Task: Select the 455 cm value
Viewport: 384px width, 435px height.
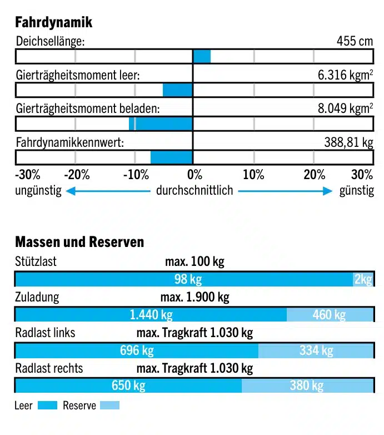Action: (355, 41)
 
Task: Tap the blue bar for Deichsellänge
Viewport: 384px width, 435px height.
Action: (202, 56)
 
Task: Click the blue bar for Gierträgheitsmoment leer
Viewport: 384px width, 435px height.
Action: (177, 90)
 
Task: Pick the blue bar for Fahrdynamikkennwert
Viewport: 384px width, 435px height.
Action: (171, 157)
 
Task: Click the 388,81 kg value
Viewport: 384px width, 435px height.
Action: (348, 142)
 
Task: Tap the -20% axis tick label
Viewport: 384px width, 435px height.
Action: (77, 175)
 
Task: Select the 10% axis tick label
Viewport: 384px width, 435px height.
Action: (253, 175)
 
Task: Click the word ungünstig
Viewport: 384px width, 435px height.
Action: (38, 191)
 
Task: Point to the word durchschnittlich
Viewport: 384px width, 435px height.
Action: (195, 191)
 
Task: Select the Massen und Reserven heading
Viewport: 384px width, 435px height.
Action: (79, 242)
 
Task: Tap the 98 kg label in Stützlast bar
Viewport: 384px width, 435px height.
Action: (188, 279)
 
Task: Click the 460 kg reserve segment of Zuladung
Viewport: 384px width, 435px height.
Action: (329, 315)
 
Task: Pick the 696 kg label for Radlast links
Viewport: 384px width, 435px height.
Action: (137, 350)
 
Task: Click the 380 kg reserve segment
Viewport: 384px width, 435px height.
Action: (307, 385)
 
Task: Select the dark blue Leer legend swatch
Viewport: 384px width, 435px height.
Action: (47, 406)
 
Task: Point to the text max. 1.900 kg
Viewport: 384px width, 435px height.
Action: (195, 297)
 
